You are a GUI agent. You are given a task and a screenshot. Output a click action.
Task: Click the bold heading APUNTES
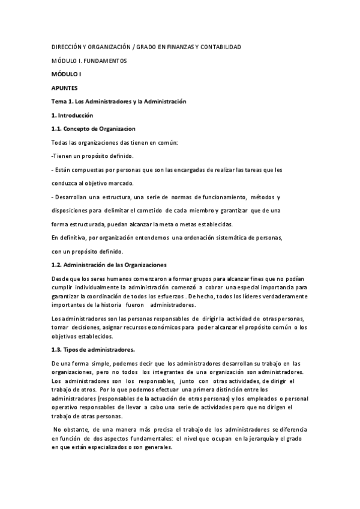65,88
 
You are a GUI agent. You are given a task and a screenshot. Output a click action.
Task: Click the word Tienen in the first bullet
62,156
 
